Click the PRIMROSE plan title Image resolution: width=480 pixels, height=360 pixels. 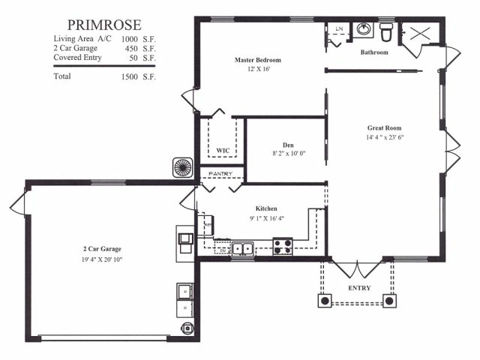tap(104, 25)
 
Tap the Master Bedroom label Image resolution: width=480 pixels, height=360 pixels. tap(258, 60)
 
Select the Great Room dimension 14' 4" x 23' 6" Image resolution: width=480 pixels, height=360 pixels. tap(385, 137)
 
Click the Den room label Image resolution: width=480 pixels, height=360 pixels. tap(288, 145)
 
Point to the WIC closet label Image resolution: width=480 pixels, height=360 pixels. tap(223, 151)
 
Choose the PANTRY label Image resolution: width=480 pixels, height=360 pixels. tap(220, 174)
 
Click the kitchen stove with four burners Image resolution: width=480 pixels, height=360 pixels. tap(283, 247)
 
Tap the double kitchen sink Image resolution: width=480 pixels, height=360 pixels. tap(243, 248)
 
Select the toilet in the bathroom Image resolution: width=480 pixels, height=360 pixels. tap(386, 32)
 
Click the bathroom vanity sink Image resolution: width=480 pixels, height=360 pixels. tap(364, 30)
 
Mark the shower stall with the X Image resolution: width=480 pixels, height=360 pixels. tap(420, 33)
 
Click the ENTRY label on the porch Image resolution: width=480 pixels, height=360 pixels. tap(359, 288)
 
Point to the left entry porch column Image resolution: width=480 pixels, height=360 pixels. tap(325, 301)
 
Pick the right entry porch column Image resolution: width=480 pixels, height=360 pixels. tap(389, 301)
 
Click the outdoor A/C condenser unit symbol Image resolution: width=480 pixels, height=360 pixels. tap(183, 167)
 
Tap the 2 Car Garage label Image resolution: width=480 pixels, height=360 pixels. tap(102, 249)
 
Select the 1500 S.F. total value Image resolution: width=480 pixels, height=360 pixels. tap(138, 76)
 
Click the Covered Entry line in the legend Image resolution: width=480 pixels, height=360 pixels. tap(105, 58)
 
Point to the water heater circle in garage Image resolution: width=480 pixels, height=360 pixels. tap(187, 328)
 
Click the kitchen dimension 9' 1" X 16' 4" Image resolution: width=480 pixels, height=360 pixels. tap(267, 218)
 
